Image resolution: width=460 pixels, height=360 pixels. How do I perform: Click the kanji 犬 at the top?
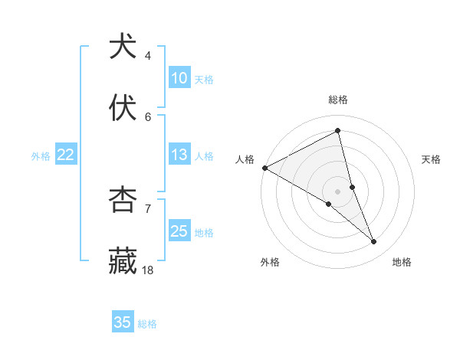123,47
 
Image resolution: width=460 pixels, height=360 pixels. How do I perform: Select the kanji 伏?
123,108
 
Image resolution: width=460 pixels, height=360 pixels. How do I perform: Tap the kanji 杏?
123,200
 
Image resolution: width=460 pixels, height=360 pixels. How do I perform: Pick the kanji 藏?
123,261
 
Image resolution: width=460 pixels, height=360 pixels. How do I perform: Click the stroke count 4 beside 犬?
148,56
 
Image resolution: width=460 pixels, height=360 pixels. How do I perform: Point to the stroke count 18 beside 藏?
148,270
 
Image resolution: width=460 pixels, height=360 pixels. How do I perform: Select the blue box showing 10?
179,78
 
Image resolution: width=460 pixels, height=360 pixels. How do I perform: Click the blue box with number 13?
179,155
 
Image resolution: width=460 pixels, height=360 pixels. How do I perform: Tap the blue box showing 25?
179,231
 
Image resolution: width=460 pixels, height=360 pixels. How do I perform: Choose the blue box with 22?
66,155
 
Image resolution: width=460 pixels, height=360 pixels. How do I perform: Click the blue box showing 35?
123,322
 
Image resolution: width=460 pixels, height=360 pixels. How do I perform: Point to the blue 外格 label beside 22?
41,155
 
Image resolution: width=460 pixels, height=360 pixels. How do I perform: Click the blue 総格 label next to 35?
147,324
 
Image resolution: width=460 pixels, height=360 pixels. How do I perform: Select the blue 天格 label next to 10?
204,79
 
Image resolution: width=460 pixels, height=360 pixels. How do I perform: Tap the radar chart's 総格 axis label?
338,100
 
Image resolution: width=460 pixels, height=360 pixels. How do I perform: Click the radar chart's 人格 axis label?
245,159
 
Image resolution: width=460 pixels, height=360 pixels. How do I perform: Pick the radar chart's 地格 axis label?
402,263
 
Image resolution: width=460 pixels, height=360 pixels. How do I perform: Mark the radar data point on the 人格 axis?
264,167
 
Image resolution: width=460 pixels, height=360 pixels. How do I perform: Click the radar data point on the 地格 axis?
374,242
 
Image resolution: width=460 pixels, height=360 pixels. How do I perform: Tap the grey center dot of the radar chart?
338,191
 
